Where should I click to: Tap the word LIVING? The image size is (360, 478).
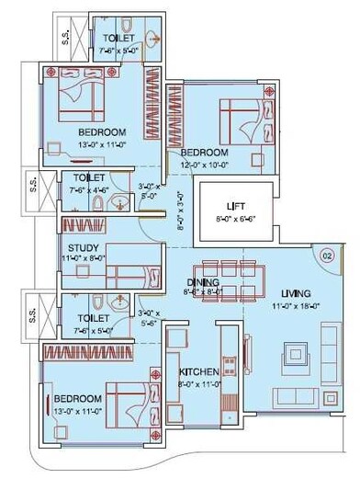coord(297,293)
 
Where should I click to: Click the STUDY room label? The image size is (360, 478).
coord(83,248)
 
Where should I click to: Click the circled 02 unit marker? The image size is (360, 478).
coord(327,258)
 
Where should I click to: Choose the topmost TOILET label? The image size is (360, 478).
coord(119,38)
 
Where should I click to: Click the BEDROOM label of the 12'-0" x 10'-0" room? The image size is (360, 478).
coord(204,152)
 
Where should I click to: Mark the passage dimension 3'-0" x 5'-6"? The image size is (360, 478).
coord(147,317)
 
